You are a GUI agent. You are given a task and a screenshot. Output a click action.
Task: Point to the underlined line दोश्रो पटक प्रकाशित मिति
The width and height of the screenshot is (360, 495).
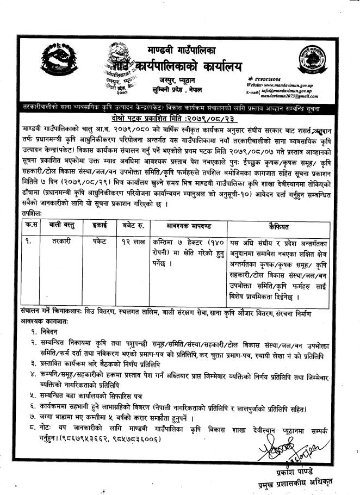179,117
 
